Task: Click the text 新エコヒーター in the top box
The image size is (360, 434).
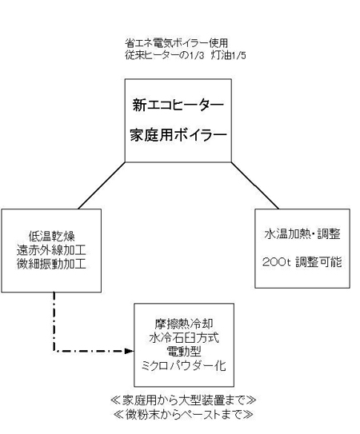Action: point(178,105)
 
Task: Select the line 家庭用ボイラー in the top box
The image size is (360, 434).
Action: point(178,135)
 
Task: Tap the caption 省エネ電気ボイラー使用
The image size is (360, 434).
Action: point(176,43)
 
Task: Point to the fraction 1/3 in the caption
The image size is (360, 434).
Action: point(197,56)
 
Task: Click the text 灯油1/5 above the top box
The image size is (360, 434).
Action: point(228,55)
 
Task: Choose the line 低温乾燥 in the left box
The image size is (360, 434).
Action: point(52,237)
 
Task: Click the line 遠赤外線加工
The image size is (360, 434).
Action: point(51,250)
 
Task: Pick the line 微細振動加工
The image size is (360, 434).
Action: point(51,264)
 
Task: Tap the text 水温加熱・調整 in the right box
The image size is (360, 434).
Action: point(302,234)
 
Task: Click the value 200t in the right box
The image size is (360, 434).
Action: point(276,262)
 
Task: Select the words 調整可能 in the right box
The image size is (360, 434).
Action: point(318,262)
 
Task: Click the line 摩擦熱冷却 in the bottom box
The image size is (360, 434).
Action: point(184,323)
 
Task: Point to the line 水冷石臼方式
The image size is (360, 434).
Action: point(184,337)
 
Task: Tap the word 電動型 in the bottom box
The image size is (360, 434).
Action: point(184,352)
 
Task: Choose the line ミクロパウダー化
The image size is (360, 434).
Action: point(183,366)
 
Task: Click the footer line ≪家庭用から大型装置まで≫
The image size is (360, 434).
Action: point(183,400)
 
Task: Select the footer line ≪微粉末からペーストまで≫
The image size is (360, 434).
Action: point(183,414)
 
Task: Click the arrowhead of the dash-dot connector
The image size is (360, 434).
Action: point(130,351)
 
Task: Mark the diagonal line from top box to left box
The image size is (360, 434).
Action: point(102,185)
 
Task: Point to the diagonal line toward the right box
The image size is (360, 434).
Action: point(255,185)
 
